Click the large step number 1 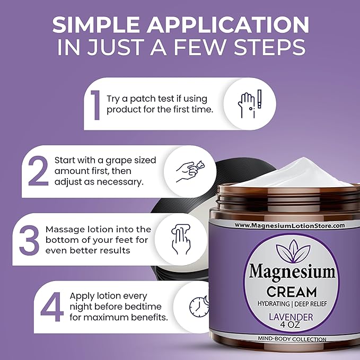pos(95,105)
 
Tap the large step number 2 pos(38,171)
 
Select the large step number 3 pos(29,240)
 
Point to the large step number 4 pos(51,307)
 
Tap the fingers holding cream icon pos(190,171)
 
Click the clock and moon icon pos(199,306)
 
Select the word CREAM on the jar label pos(292,292)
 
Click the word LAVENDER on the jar pos(291,317)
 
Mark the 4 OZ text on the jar pos(290,325)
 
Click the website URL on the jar pos(289,225)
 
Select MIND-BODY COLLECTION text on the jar pos(292,339)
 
